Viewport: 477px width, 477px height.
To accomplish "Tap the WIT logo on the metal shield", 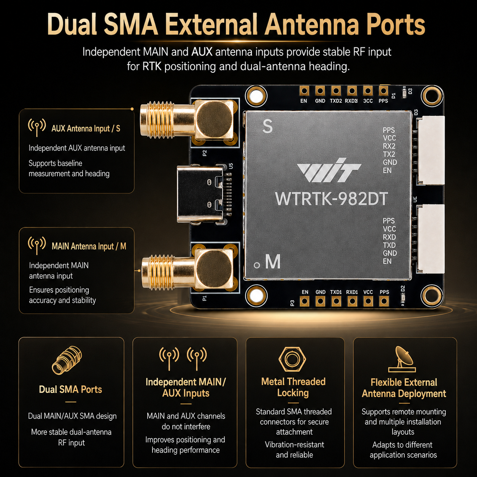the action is (x=329, y=170).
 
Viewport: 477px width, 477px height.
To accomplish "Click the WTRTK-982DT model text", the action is (x=331, y=199).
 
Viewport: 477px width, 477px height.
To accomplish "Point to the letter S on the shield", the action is (x=267, y=126).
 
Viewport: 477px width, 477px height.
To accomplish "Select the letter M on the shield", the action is (x=273, y=262).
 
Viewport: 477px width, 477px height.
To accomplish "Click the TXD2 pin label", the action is (x=335, y=101).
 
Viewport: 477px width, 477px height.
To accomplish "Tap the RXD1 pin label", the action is (x=352, y=292).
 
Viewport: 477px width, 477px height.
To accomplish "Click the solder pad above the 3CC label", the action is (x=367, y=91).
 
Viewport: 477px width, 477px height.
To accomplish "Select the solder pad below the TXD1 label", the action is (x=335, y=301).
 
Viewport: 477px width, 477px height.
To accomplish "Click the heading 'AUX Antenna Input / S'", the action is (x=86, y=129).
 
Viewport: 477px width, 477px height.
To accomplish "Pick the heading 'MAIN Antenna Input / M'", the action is (x=89, y=246).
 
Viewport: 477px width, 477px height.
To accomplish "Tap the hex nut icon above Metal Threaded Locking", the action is (x=292, y=359).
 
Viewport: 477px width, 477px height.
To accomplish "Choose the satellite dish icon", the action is (x=402, y=359).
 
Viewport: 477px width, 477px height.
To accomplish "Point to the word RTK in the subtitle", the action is (x=152, y=66).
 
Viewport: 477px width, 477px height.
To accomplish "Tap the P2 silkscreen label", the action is (x=205, y=153).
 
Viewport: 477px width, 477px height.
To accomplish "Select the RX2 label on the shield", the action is (x=389, y=146).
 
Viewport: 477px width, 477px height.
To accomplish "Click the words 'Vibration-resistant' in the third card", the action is (x=294, y=444).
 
